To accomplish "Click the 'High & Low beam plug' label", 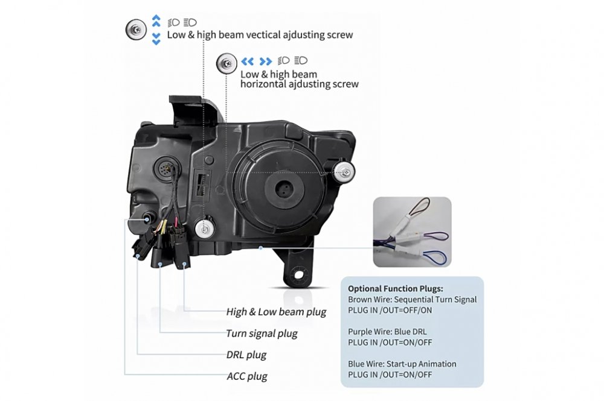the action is pyautogui.click(x=276, y=312).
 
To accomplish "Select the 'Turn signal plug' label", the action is pyautogui.click(x=262, y=333).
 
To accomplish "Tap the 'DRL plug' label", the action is pyautogui.click(x=246, y=355).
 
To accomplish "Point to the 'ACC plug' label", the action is pyautogui.click(x=247, y=376).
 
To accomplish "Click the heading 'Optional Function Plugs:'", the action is pyautogui.click(x=396, y=289).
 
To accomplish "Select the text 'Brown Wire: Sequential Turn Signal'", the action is pyautogui.click(x=412, y=300).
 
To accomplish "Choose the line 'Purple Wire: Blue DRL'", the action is pyautogui.click(x=387, y=332).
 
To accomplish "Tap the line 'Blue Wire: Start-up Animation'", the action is pyautogui.click(x=402, y=364).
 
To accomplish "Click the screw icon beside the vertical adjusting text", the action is pyautogui.click(x=136, y=29).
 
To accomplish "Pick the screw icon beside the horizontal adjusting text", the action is pyautogui.click(x=226, y=63).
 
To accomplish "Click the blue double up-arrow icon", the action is pyautogui.click(x=156, y=21).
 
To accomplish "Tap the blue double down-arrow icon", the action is pyautogui.click(x=156, y=39).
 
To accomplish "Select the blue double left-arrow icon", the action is pyautogui.click(x=247, y=61).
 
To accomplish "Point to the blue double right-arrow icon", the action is pyautogui.click(x=266, y=61).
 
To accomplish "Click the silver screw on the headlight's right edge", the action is pyautogui.click(x=344, y=171).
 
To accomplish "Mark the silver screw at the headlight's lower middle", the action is pyautogui.click(x=205, y=229).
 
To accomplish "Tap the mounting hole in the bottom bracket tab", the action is pyautogui.click(x=299, y=276).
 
